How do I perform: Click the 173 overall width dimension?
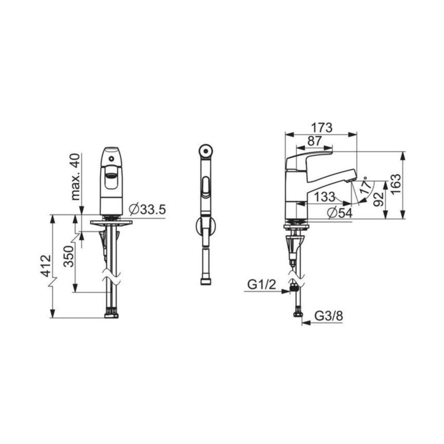(x=321, y=128)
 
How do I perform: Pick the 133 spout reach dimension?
(x=324, y=197)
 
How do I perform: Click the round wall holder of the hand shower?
(x=205, y=226)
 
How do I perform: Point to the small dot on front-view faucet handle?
(x=111, y=158)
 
